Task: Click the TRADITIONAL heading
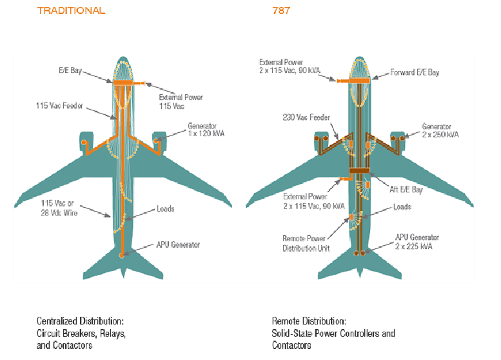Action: pos(71,11)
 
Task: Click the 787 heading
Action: pos(281,11)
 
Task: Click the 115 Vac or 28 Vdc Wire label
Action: pos(59,208)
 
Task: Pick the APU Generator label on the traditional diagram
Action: pos(178,245)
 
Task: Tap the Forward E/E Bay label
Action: pos(415,72)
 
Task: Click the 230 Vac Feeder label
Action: pos(307,117)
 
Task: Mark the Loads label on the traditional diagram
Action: pos(166,209)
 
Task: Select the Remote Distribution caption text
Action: pos(333,332)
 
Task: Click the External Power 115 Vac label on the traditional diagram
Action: pos(181,101)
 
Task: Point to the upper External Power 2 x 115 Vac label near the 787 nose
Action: pos(290,66)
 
